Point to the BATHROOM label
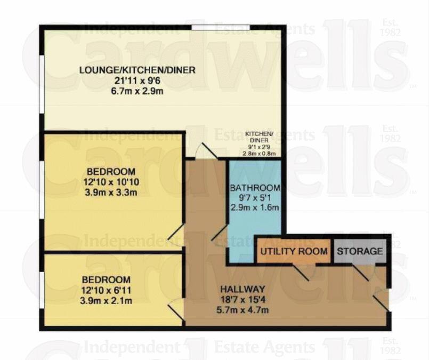tap(255, 188)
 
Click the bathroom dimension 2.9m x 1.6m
tap(255, 208)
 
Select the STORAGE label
tap(360, 251)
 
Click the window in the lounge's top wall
tap(211, 27)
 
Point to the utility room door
tap(301, 271)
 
